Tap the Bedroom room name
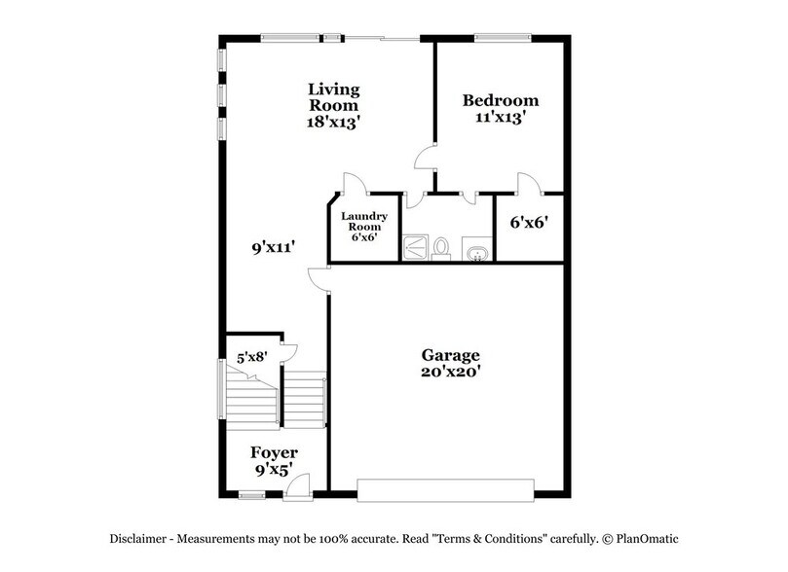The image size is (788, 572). pyautogui.click(x=501, y=100)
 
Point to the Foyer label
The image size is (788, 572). pyautogui.click(x=274, y=453)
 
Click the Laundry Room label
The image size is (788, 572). pyautogui.click(x=365, y=221)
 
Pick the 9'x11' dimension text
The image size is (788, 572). pyautogui.click(x=274, y=248)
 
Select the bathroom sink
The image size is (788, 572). pyautogui.click(x=476, y=253)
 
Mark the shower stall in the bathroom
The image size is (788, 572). pyautogui.click(x=417, y=247)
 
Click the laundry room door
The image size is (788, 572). pyautogui.click(x=353, y=182)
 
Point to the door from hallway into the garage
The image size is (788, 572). pyautogui.click(x=318, y=279)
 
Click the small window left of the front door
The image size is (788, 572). pyautogui.click(x=251, y=495)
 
